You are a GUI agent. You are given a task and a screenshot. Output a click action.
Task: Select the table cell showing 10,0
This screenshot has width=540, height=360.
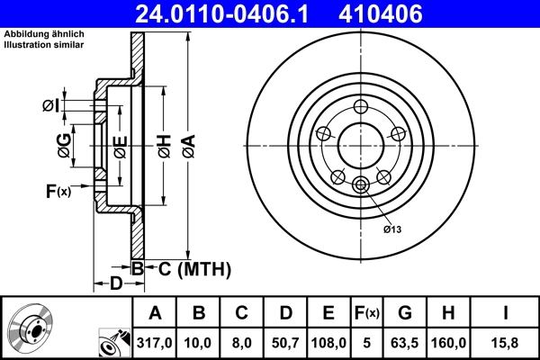pyautogui.click(x=199, y=343)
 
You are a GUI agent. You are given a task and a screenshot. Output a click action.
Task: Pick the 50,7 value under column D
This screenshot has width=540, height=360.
pyautogui.click(x=285, y=343)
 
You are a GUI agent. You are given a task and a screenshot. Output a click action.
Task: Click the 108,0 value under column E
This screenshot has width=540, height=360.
pyautogui.click(x=328, y=343)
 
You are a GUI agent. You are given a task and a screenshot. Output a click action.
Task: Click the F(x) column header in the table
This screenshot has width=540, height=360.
pyautogui.click(x=366, y=313)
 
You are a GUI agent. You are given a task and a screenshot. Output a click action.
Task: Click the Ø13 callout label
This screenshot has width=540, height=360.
pyautogui.click(x=392, y=229)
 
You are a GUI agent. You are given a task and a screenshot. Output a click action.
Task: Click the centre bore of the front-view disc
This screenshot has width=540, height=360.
pyautogui.click(x=362, y=145)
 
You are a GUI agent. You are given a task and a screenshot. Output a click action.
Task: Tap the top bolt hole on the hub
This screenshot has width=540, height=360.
pyautogui.click(x=362, y=105)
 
